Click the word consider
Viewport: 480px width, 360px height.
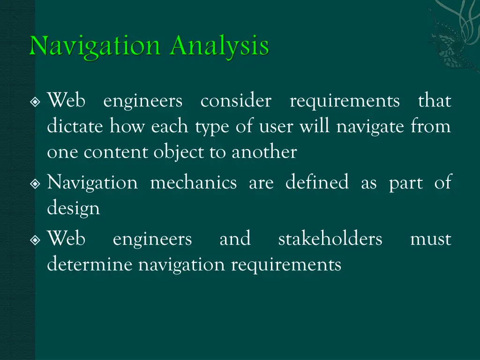click(235, 101)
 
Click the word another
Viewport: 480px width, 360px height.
click(264, 152)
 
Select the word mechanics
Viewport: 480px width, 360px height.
click(193, 182)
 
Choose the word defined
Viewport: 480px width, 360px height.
click(317, 182)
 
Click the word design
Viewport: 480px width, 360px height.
click(73, 209)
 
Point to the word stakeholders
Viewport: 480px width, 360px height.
click(330, 239)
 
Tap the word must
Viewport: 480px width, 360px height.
click(430, 239)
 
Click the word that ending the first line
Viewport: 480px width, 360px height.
click(435, 101)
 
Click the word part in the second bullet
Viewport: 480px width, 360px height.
click(405, 182)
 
